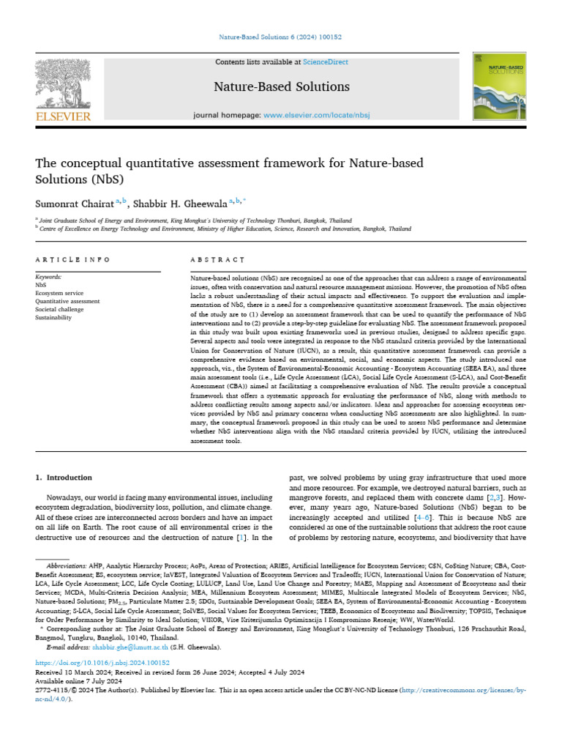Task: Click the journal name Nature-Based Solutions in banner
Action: click(x=282, y=87)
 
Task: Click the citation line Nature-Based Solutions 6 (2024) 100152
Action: click(x=280, y=37)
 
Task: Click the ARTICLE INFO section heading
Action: click(x=72, y=260)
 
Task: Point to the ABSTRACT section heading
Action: click(x=217, y=260)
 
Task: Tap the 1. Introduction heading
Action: click(x=64, y=478)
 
